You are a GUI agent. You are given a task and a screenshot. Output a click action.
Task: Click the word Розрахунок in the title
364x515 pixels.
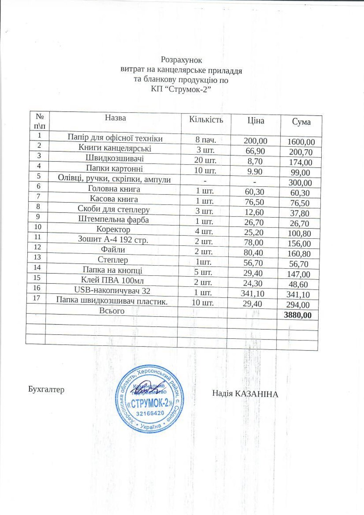pyautogui.click(x=181, y=60)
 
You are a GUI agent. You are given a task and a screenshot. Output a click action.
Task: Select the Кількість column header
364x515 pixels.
pyautogui.click(x=206, y=119)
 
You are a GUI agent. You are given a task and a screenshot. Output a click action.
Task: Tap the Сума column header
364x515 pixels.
pyautogui.click(x=301, y=122)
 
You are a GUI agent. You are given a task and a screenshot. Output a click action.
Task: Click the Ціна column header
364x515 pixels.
pyautogui.click(x=256, y=121)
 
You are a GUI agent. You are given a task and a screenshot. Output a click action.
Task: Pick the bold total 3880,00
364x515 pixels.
pyautogui.click(x=298, y=315)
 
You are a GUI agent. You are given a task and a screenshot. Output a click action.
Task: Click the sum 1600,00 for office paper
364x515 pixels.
pyautogui.click(x=301, y=142)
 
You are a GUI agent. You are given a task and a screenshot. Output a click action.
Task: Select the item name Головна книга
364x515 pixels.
pyautogui.click(x=114, y=189)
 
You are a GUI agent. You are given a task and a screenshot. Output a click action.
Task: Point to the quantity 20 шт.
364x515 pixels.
pyautogui.click(x=205, y=160)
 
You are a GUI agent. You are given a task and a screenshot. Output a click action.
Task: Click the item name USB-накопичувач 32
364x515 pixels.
pyautogui.click(x=112, y=290)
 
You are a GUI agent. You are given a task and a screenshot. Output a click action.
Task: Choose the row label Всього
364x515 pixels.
pyautogui.click(x=112, y=311)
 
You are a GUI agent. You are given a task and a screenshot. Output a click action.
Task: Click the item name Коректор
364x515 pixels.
pyautogui.click(x=113, y=229)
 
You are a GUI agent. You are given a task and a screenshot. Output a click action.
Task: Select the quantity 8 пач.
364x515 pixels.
pyautogui.click(x=206, y=140)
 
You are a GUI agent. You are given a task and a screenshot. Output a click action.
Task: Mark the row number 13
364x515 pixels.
pyautogui.click(x=37, y=257)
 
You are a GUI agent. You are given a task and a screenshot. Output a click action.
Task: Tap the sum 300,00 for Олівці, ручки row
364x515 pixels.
pyautogui.click(x=300, y=183)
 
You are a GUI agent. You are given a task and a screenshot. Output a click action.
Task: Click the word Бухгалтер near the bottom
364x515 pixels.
pyautogui.click(x=46, y=389)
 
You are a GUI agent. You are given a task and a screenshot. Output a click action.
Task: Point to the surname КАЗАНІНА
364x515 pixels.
pyautogui.click(x=256, y=394)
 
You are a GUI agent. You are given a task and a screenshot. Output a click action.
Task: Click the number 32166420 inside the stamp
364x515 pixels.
pyautogui.click(x=150, y=413)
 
